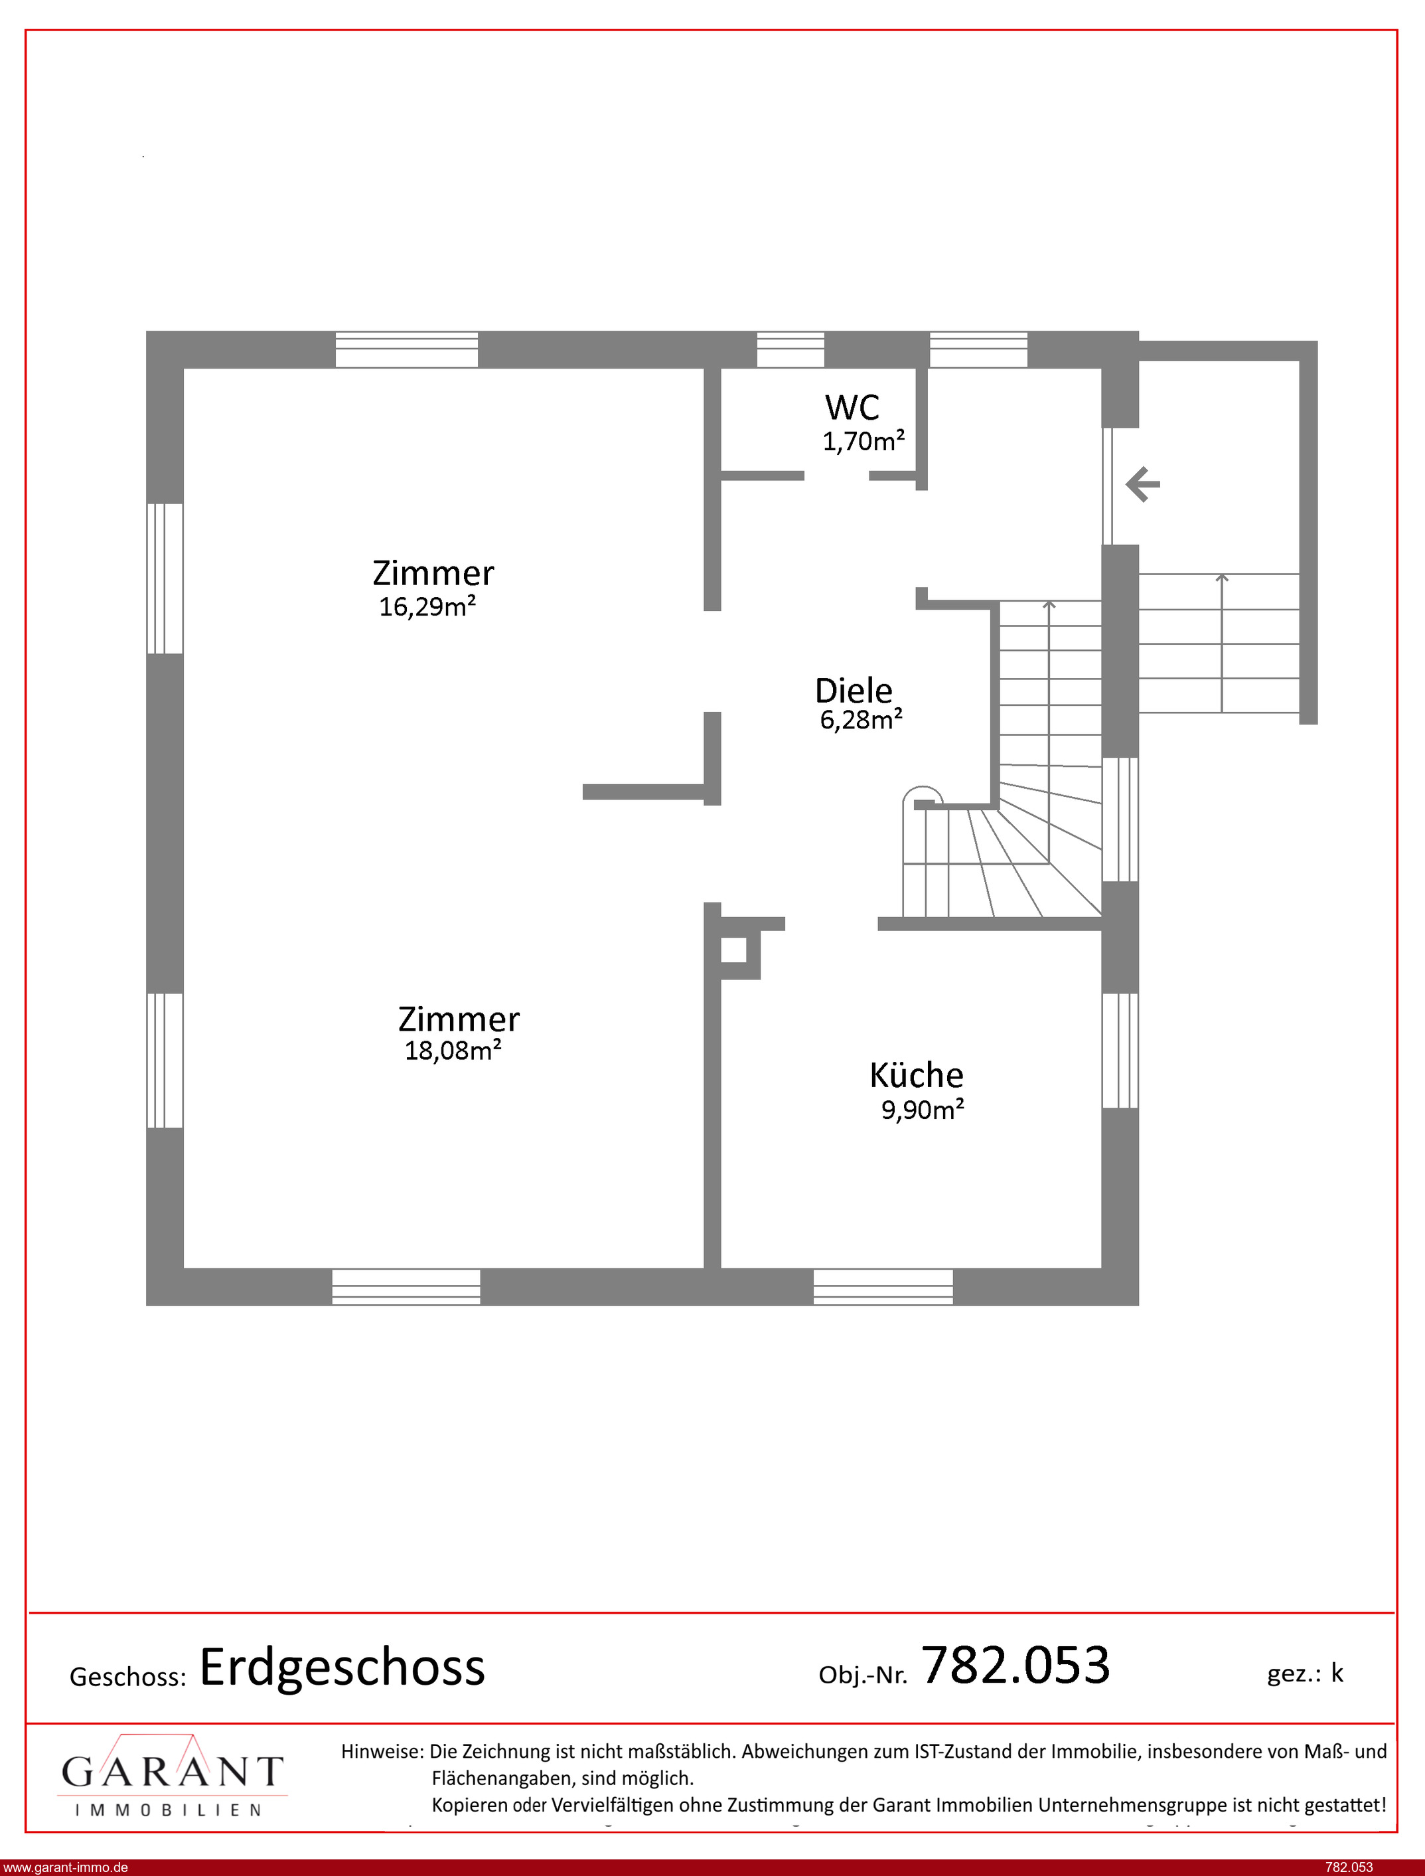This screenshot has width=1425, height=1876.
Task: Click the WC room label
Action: pos(852,407)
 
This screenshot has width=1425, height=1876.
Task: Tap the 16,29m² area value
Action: pos(427,606)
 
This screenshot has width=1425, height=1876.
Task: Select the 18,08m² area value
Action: pos(453,1051)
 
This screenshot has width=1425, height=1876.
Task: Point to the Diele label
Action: pos(854,691)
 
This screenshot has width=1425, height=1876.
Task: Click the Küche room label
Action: pos(916,1075)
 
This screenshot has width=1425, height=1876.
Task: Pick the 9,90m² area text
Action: pos(922,1110)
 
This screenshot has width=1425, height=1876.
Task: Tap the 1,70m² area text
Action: pos(863,441)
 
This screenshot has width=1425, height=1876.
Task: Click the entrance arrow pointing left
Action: pos(1142,485)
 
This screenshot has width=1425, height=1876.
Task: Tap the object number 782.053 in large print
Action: pos(1015,1665)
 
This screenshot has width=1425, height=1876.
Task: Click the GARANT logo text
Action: pos(172,1772)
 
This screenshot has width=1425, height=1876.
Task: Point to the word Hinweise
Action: pos(382,1751)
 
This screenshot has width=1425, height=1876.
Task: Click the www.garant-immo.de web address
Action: pos(64,1867)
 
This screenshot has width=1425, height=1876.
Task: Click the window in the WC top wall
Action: pos(790,349)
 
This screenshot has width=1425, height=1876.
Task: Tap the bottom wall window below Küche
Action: pos(883,1286)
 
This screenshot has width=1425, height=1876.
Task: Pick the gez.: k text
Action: pos(1305,1673)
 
